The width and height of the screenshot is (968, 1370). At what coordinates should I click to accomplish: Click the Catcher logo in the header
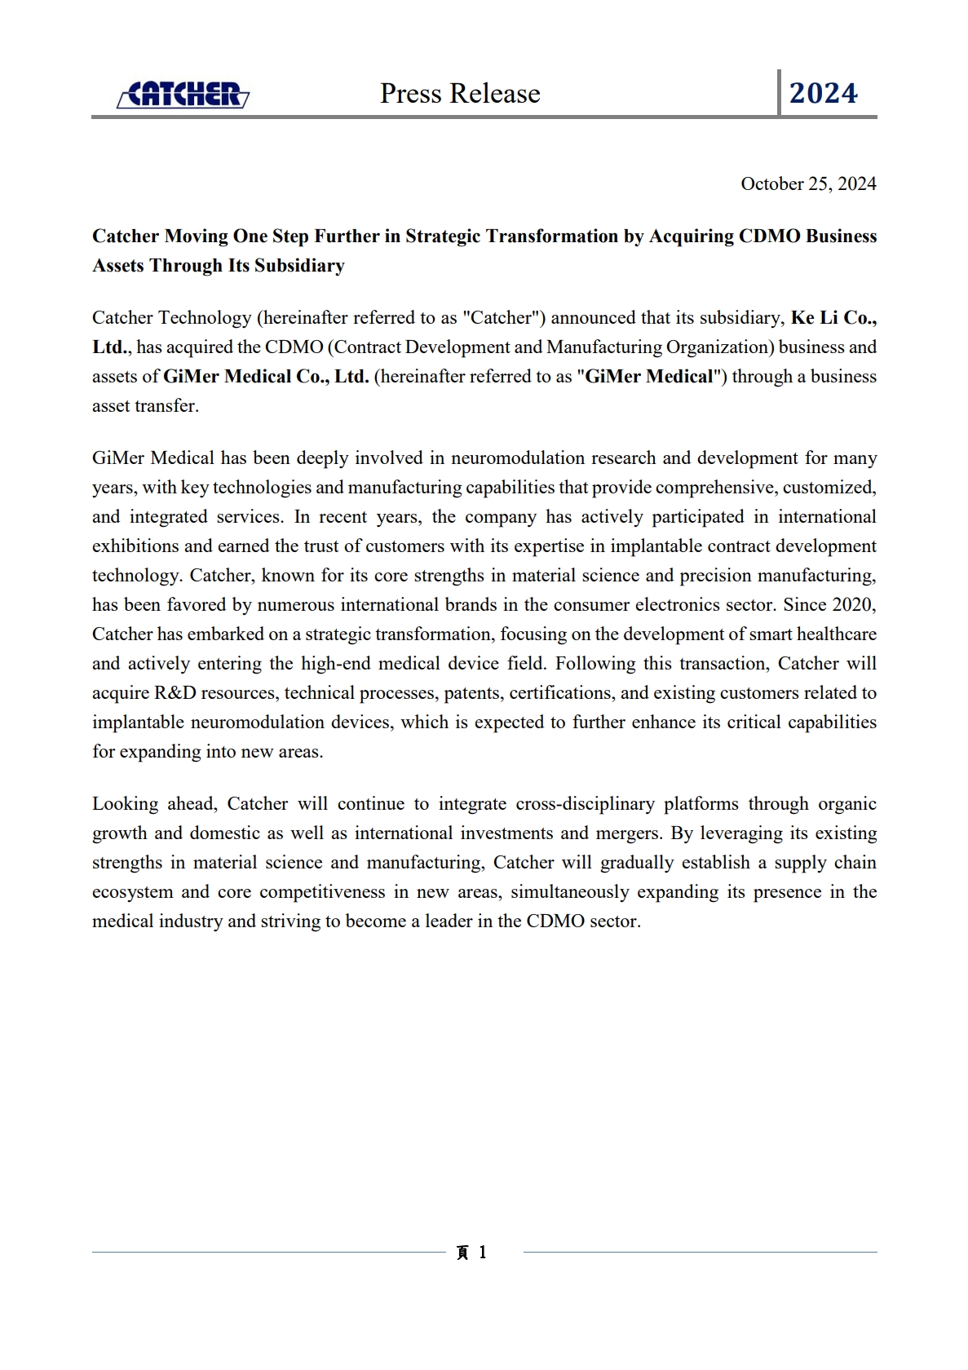[183, 95]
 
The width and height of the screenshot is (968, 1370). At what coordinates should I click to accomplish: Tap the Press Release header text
[460, 94]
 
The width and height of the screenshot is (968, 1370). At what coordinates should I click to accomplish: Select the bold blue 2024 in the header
[823, 94]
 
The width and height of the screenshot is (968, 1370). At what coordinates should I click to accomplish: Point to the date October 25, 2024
[808, 184]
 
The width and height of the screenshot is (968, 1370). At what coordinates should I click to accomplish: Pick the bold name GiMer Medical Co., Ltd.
[266, 377]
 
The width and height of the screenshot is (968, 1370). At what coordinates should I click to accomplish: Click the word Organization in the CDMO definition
[718, 347]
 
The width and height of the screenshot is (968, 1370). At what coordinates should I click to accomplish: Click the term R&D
[175, 693]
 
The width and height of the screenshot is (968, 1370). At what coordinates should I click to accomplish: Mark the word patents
[472, 693]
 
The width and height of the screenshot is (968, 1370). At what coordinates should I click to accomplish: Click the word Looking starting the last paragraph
[125, 804]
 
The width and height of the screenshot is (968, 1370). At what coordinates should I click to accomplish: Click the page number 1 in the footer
[483, 1253]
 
